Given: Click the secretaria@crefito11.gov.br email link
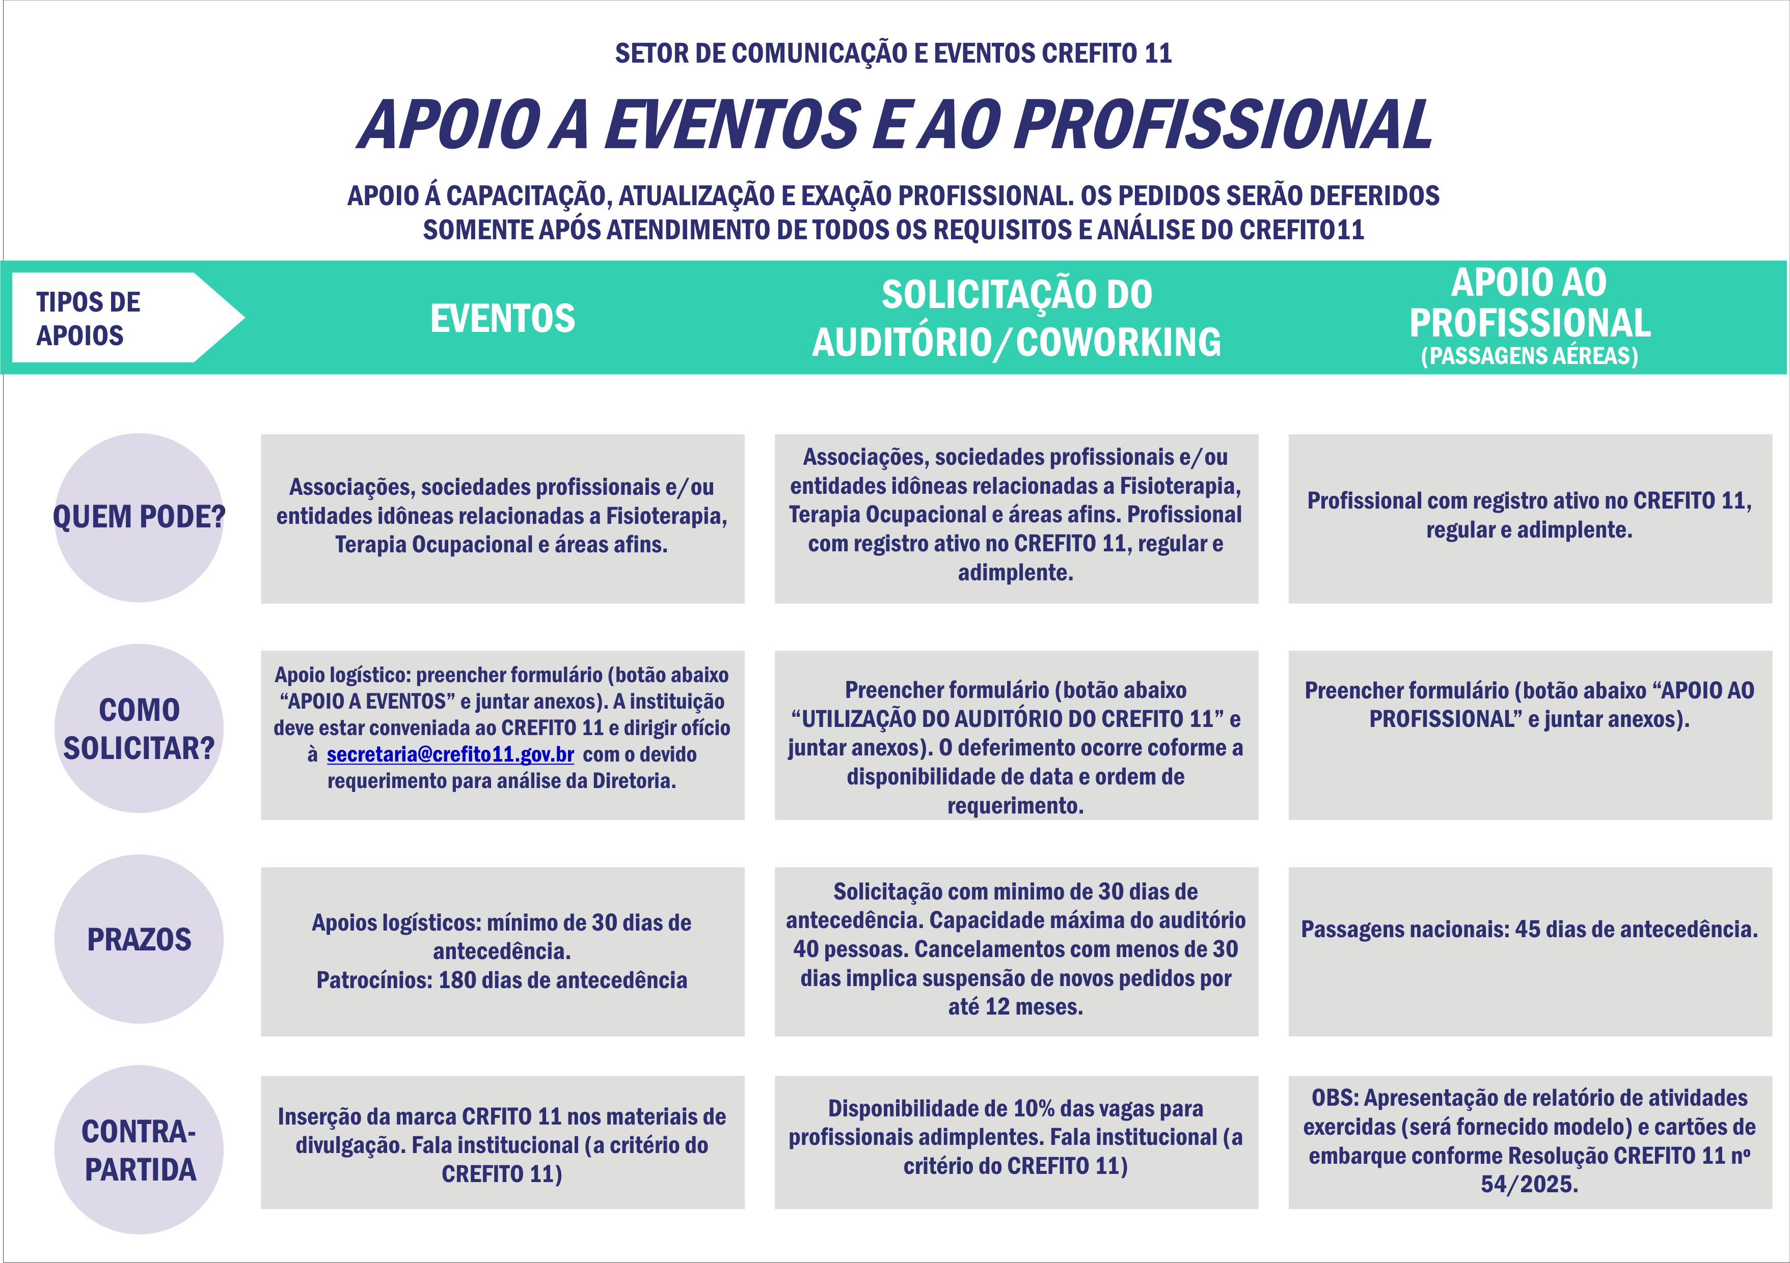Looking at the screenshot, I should click(x=450, y=755).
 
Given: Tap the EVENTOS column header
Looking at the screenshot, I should click(x=503, y=319).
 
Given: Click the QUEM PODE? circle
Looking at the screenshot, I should click(x=139, y=517).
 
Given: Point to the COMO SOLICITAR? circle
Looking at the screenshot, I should click(x=139, y=728).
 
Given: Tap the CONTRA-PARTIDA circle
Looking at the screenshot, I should click(x=139, y=1150).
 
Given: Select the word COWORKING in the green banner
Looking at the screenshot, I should click(x=1118, y=343).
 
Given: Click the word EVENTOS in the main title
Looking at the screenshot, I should click(x=734, y=125).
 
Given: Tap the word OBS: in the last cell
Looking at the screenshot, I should click(x=1335, y=1098).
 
